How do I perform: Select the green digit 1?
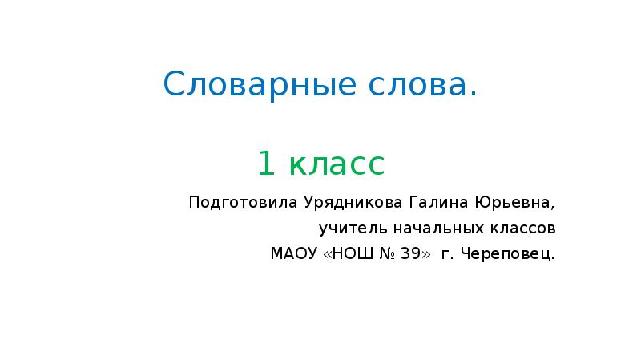[x=266, y=164]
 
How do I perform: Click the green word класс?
[x=337, y=164]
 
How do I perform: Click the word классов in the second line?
[x=522, y=229]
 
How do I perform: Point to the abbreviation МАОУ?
[x=293, y=255]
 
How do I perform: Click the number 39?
[x=410, y=255]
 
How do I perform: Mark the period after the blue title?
[x=474, y=94]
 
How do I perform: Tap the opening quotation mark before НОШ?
[x=327, y=256]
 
